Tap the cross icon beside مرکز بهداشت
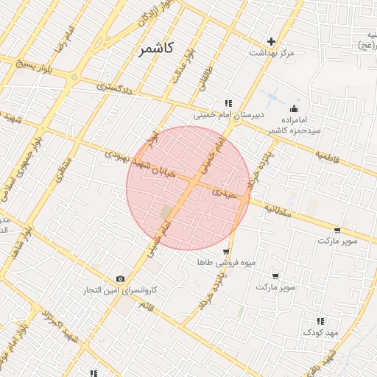[272, 41]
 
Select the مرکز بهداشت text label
[272, 53]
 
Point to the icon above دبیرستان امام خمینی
[228, 103]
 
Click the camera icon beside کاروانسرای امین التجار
[120, 278]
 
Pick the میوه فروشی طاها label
[216, 262]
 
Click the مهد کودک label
[320, 333]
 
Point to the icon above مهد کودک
[320, 321]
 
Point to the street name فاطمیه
[327, 156]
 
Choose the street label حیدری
[224, 193]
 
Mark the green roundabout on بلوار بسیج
[74, 77]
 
